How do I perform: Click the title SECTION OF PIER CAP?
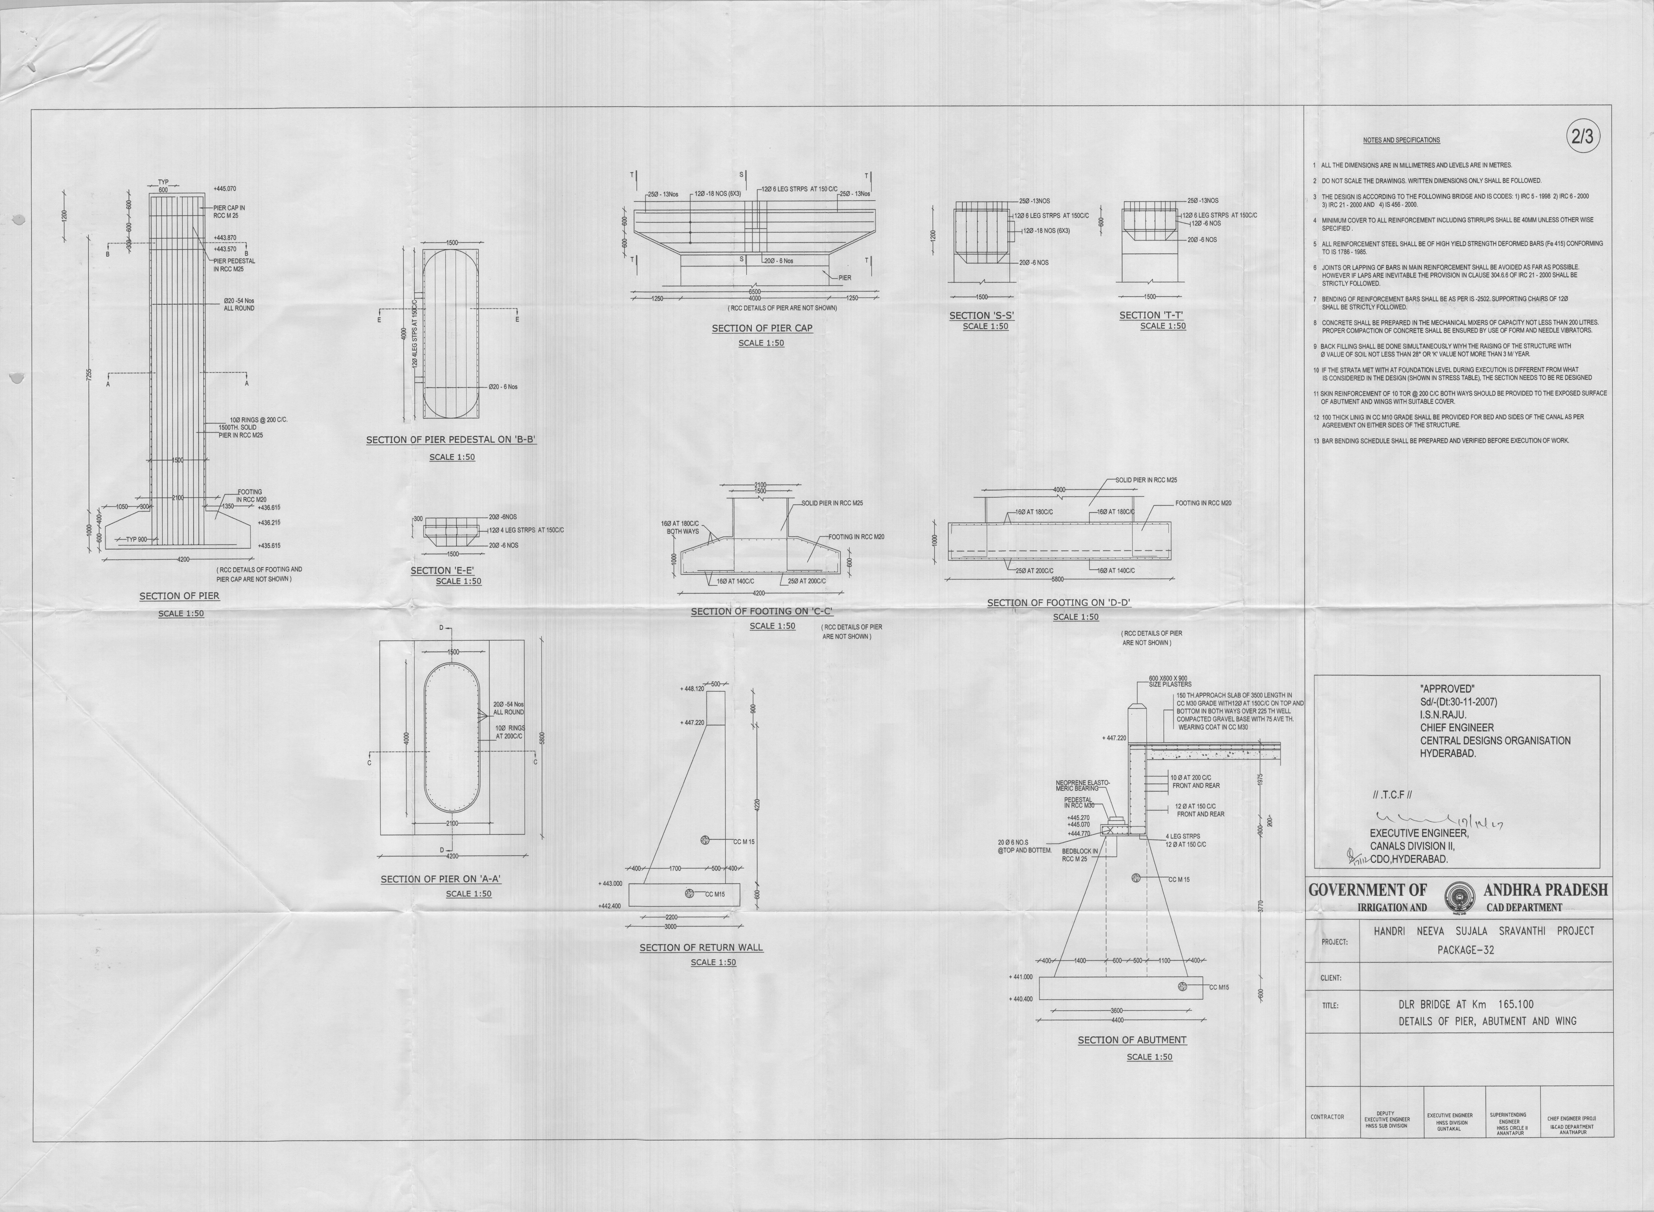point(762,328)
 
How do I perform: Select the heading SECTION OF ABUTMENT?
point(1132,1040)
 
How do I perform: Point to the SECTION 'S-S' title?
point(981,316)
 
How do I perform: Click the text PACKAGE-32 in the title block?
point(1466,950)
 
